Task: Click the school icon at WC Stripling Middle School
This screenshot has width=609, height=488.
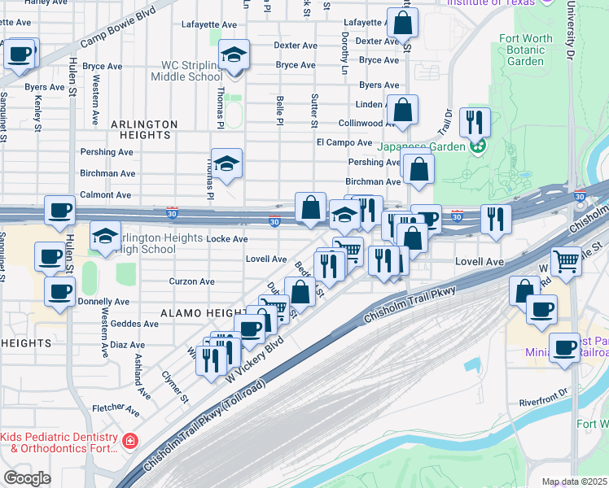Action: point(234,55)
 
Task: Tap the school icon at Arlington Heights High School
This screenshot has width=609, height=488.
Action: point(105,237)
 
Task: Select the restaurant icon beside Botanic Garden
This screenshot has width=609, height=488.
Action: point(475,123)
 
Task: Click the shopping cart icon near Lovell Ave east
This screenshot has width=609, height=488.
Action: point(566,261)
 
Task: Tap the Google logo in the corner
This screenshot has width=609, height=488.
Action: point(27,478)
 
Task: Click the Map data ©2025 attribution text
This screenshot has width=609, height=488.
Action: point(574,481)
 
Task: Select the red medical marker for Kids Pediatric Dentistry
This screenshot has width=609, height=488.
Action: point(129,442)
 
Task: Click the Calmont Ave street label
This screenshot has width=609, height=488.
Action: point(105,195)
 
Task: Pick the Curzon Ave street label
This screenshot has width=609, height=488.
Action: point(191,281)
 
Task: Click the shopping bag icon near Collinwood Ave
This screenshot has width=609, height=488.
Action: point(402,109)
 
